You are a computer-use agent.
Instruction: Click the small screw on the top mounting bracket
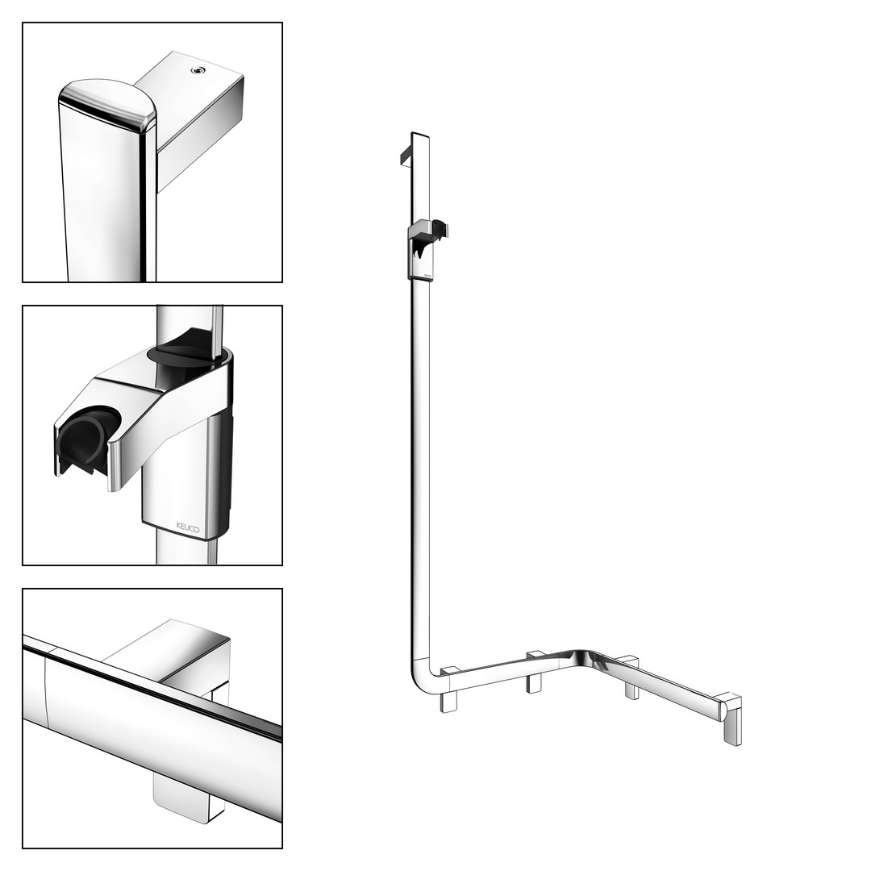tap(197, 70)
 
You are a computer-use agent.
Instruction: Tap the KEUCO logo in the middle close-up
tap(187, 527)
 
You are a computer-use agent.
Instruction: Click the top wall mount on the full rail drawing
tap(405, 156)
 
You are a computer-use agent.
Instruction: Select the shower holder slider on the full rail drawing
tap(424, 250)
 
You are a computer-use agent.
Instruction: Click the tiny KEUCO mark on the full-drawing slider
tap(427, 274)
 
